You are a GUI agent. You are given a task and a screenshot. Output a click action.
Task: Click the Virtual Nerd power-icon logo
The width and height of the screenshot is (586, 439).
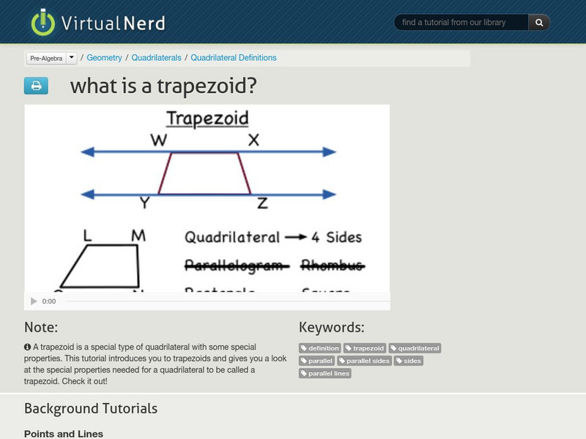pyautogui.click(x=43, y=23)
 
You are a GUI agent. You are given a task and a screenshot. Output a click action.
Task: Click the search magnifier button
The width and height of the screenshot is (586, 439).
pyautogui.click(x=539, y=23)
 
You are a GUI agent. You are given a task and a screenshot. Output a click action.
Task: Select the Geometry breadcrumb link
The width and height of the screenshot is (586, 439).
pyautogui.click(x=104, y=58)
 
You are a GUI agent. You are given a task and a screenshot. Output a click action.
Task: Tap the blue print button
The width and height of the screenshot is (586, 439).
pyautogui.click(x=36, y=86)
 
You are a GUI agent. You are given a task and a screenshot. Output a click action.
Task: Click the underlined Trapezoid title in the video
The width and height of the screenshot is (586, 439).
pyautogui.click(x=207, y=119)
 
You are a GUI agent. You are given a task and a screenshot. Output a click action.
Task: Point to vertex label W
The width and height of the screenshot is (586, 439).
pyautogui.click(x=159, y=140)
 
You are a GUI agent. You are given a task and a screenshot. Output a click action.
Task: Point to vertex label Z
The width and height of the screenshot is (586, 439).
pyautogui.click(x=262, y=204)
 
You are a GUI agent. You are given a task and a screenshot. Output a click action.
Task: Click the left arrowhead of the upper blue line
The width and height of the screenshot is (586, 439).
pyautogui.click(x=86, y=152)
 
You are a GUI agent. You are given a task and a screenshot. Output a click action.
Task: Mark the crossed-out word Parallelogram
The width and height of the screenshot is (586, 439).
pyautogui.click(x=233, y=265)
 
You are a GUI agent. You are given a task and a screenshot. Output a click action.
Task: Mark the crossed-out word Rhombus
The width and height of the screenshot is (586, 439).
pyautogui.click(x=331, y=265)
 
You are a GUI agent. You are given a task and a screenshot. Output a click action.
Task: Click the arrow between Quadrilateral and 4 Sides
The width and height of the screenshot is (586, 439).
pyautogui.click(x=296, y=237)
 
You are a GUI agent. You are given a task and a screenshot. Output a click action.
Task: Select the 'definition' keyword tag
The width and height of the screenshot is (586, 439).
pyautogui.click(x=321, y=348)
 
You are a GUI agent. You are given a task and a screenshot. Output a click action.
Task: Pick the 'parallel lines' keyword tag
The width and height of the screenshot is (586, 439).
pyautogui.click(x=325, y=373)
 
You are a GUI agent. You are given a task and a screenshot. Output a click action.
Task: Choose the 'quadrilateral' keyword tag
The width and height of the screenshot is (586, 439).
pyautogui.click(x=415, y=348)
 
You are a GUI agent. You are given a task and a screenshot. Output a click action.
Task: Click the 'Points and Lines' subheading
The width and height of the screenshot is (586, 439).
pyautogui.click(x=64, y=434)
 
